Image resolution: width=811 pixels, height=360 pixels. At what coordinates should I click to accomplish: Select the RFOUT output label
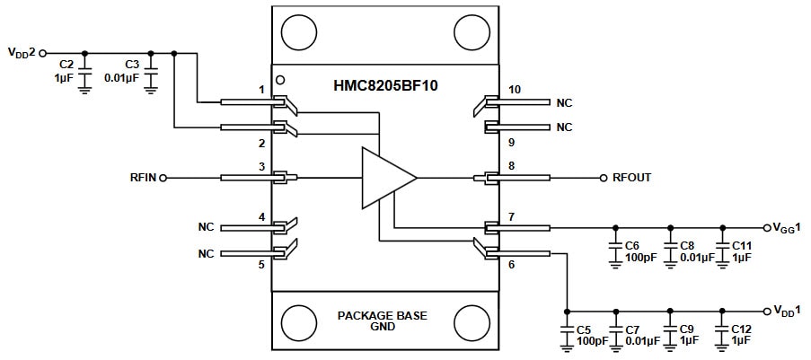click(631, 178)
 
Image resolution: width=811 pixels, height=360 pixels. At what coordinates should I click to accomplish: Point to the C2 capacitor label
click(66, 65)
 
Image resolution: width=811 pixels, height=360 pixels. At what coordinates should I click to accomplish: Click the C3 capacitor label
click(132, 65)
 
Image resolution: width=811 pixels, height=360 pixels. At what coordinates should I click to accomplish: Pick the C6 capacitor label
click(632, 245)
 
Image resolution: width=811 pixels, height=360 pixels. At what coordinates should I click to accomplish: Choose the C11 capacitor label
click(741, 245)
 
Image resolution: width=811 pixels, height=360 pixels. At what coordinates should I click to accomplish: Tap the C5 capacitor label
click(583, 329)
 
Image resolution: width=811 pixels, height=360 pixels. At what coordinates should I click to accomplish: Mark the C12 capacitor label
click(741, 329)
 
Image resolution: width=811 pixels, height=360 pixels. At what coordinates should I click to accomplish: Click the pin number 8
click(510, 165)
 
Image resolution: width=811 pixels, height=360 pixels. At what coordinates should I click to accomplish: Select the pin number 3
click(261, 166)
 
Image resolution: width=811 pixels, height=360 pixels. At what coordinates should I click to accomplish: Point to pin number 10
click(513, 90)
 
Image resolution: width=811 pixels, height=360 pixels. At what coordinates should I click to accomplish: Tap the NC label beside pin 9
click(563, 127)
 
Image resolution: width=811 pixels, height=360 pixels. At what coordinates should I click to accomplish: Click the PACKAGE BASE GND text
click(383, 321)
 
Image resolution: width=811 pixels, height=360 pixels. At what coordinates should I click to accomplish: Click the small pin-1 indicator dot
click(280, 78)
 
